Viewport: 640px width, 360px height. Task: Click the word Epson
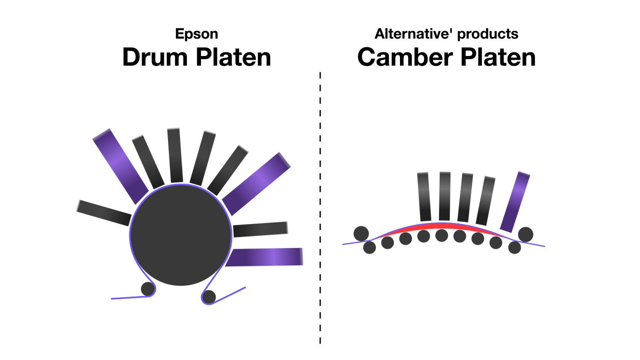196,34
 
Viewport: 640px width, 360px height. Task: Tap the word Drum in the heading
155,57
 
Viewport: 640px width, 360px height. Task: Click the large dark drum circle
180,235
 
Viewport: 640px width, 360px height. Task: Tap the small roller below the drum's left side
148,289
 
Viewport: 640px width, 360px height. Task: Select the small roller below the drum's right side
209,296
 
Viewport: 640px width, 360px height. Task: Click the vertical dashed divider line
320,208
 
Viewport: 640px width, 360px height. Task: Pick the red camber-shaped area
442,226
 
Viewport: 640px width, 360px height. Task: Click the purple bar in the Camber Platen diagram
515,202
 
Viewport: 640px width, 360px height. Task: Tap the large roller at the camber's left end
361,234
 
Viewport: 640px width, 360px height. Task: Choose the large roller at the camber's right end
526,234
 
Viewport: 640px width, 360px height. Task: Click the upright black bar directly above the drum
174,155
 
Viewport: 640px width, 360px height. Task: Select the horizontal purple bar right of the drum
264,257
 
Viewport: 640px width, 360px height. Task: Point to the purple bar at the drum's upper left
120,166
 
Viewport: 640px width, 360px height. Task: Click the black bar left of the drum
104,213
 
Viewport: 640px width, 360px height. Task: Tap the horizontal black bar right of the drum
260,229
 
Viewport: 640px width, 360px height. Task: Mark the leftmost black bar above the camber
424,196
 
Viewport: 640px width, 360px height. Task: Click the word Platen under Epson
234,57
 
